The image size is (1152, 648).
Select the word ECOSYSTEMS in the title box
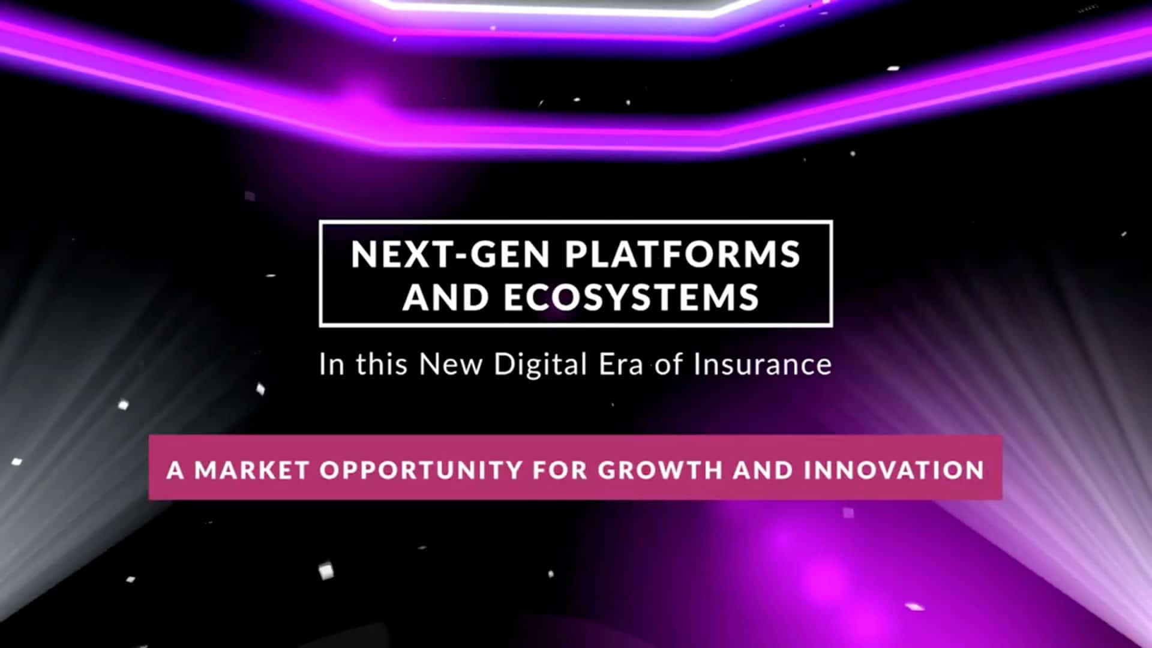click(632, 297)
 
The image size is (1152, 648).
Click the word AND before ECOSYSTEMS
click(445, 297)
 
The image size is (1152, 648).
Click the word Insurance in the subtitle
click(763, 364)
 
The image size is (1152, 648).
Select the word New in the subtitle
click(450, 364)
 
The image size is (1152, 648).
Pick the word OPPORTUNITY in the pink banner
click(421, 470)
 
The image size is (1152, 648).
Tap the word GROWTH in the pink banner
click(660, 470)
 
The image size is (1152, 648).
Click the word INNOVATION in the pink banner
click(894, 470)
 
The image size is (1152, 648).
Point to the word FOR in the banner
click(560, 470)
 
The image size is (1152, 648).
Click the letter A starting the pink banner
click(175, 470)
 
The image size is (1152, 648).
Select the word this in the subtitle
click(382, 364)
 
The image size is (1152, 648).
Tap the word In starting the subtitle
click(332, 364)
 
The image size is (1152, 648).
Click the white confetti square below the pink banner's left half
click(326, 571)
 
